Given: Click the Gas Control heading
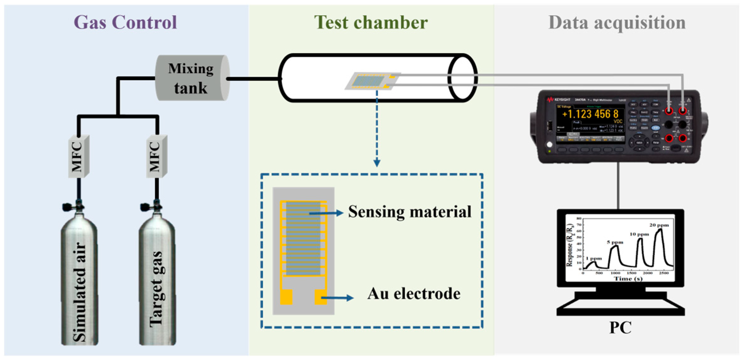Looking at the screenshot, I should pos(125,23).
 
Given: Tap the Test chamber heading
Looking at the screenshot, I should pos(371,23).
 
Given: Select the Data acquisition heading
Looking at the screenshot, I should pos(617,23).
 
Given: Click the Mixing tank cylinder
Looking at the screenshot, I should pos(191,78).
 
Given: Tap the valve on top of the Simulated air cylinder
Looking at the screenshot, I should pos(74,206).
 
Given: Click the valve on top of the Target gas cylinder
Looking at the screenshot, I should pos(152,206).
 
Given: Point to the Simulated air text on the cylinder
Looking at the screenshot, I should pos(79,292).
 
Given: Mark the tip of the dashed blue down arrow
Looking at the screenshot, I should pos(377,164).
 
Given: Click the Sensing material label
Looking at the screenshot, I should pos(409,212).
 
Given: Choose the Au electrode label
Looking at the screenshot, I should pos(413,294).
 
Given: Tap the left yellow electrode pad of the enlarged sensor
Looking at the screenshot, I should pos(286,297).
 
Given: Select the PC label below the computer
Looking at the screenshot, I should pos(620,328).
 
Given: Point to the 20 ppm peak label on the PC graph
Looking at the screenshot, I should pos(659,225).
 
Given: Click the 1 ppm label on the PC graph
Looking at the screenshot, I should pos(594,258).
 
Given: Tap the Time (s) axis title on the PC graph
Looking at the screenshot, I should pos(628,279).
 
